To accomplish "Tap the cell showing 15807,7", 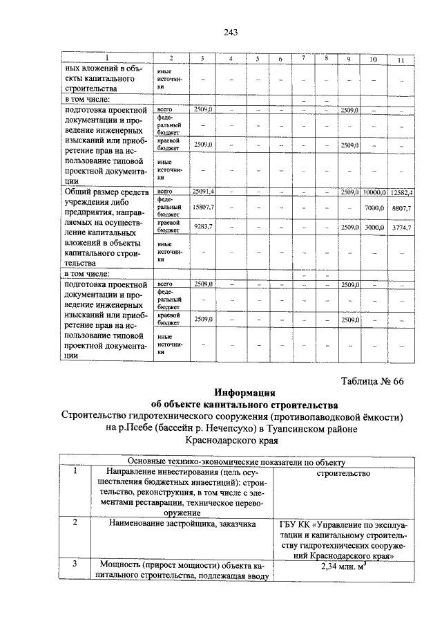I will tap(203, 207).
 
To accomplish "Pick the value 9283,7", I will tap(203, 226).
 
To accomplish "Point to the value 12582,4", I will tap(401, 192).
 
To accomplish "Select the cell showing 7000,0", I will tap(374, 208).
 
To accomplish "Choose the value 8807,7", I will tap(401, 208).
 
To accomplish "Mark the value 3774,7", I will tap(401, 227).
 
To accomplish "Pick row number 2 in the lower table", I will tap(75, 524).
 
